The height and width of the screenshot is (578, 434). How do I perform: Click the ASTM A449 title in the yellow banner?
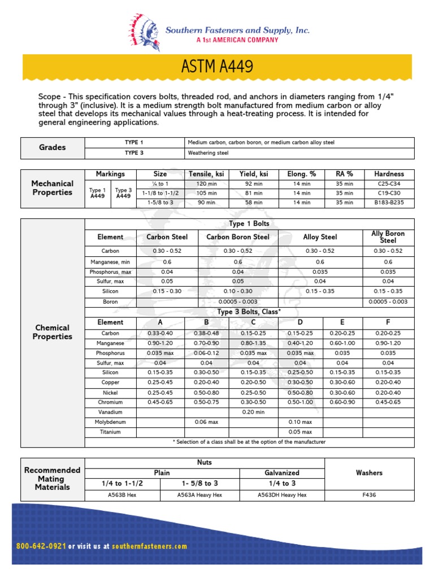[x=217, y=67]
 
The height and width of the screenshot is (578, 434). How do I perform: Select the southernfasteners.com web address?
[x=149, y=546]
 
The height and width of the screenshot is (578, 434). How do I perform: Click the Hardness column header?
[x=389, y=174]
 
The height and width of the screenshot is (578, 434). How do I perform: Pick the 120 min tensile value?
[x=206, y=184]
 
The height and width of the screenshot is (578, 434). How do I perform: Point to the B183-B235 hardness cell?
[x=389, y=202]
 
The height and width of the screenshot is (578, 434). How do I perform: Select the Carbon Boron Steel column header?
[x=238, y=237]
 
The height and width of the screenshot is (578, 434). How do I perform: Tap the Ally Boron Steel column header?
[x=388, y=237]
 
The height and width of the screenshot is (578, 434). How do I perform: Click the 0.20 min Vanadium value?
[x=253, y=411]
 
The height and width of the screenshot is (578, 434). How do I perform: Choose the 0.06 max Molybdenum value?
[x=206, y=422]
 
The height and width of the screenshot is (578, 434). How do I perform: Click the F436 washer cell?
[x=369, y=495]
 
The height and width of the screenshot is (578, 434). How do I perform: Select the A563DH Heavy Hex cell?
[x=282, y=495]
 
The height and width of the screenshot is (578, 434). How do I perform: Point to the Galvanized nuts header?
[x=282, y=472]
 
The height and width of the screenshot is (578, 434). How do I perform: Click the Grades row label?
[x=53, y=147]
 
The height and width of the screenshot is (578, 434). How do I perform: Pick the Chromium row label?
[x=110, y=402]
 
